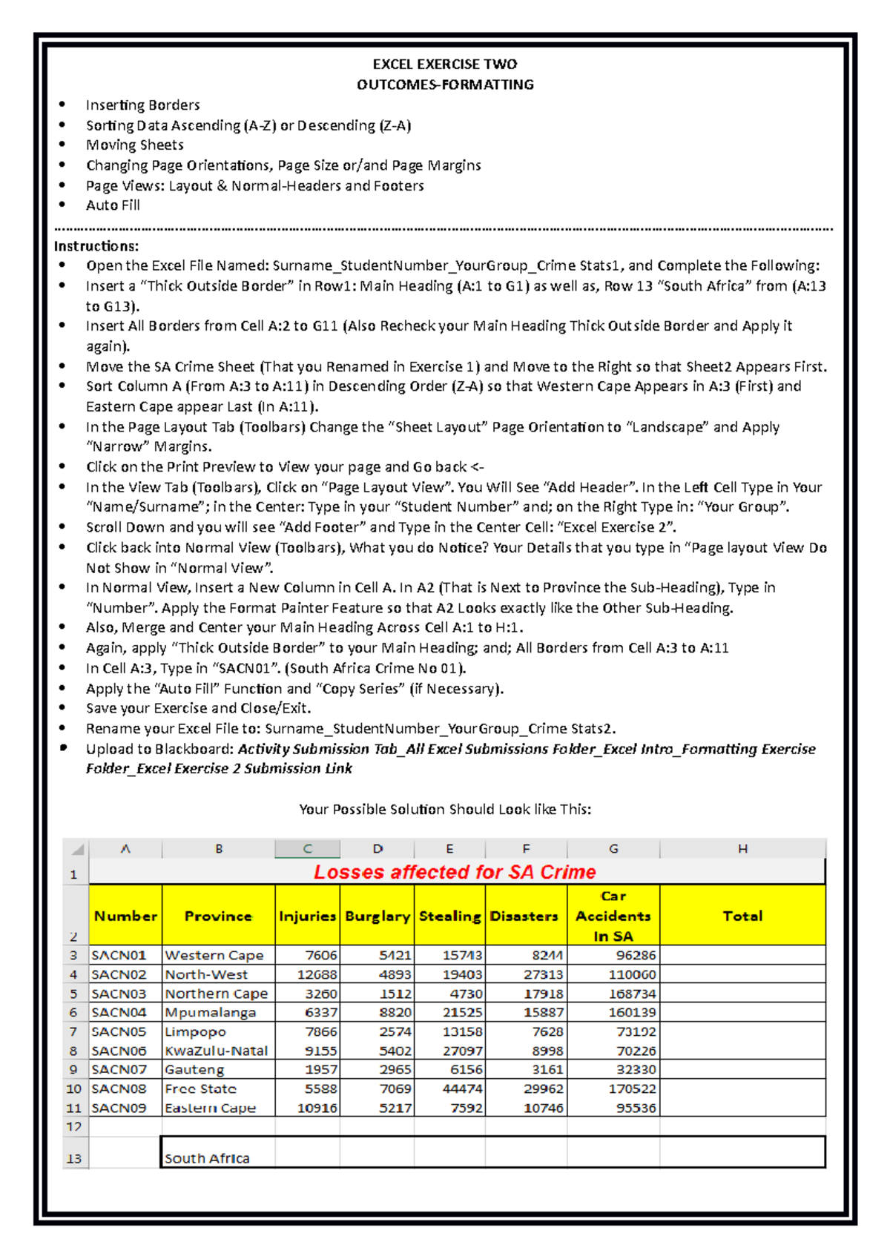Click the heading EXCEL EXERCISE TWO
coord(445,65)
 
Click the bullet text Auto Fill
coord(113,205)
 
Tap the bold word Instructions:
coord(96,246)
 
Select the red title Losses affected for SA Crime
coord(454,872)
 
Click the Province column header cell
coord(218,916)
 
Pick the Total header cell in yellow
coord(742,916)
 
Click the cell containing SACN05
coord(119,1031)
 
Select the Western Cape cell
coord(214,956)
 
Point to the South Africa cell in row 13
coord(208,1157)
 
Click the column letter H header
coord(742,849)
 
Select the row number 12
coord(73,1127)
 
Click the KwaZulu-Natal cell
coord(217,1051)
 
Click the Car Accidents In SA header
coord(613,916)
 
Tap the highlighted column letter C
coord(307,849)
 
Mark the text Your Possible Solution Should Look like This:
coord(445,809)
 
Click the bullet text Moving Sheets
coord(135,145)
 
